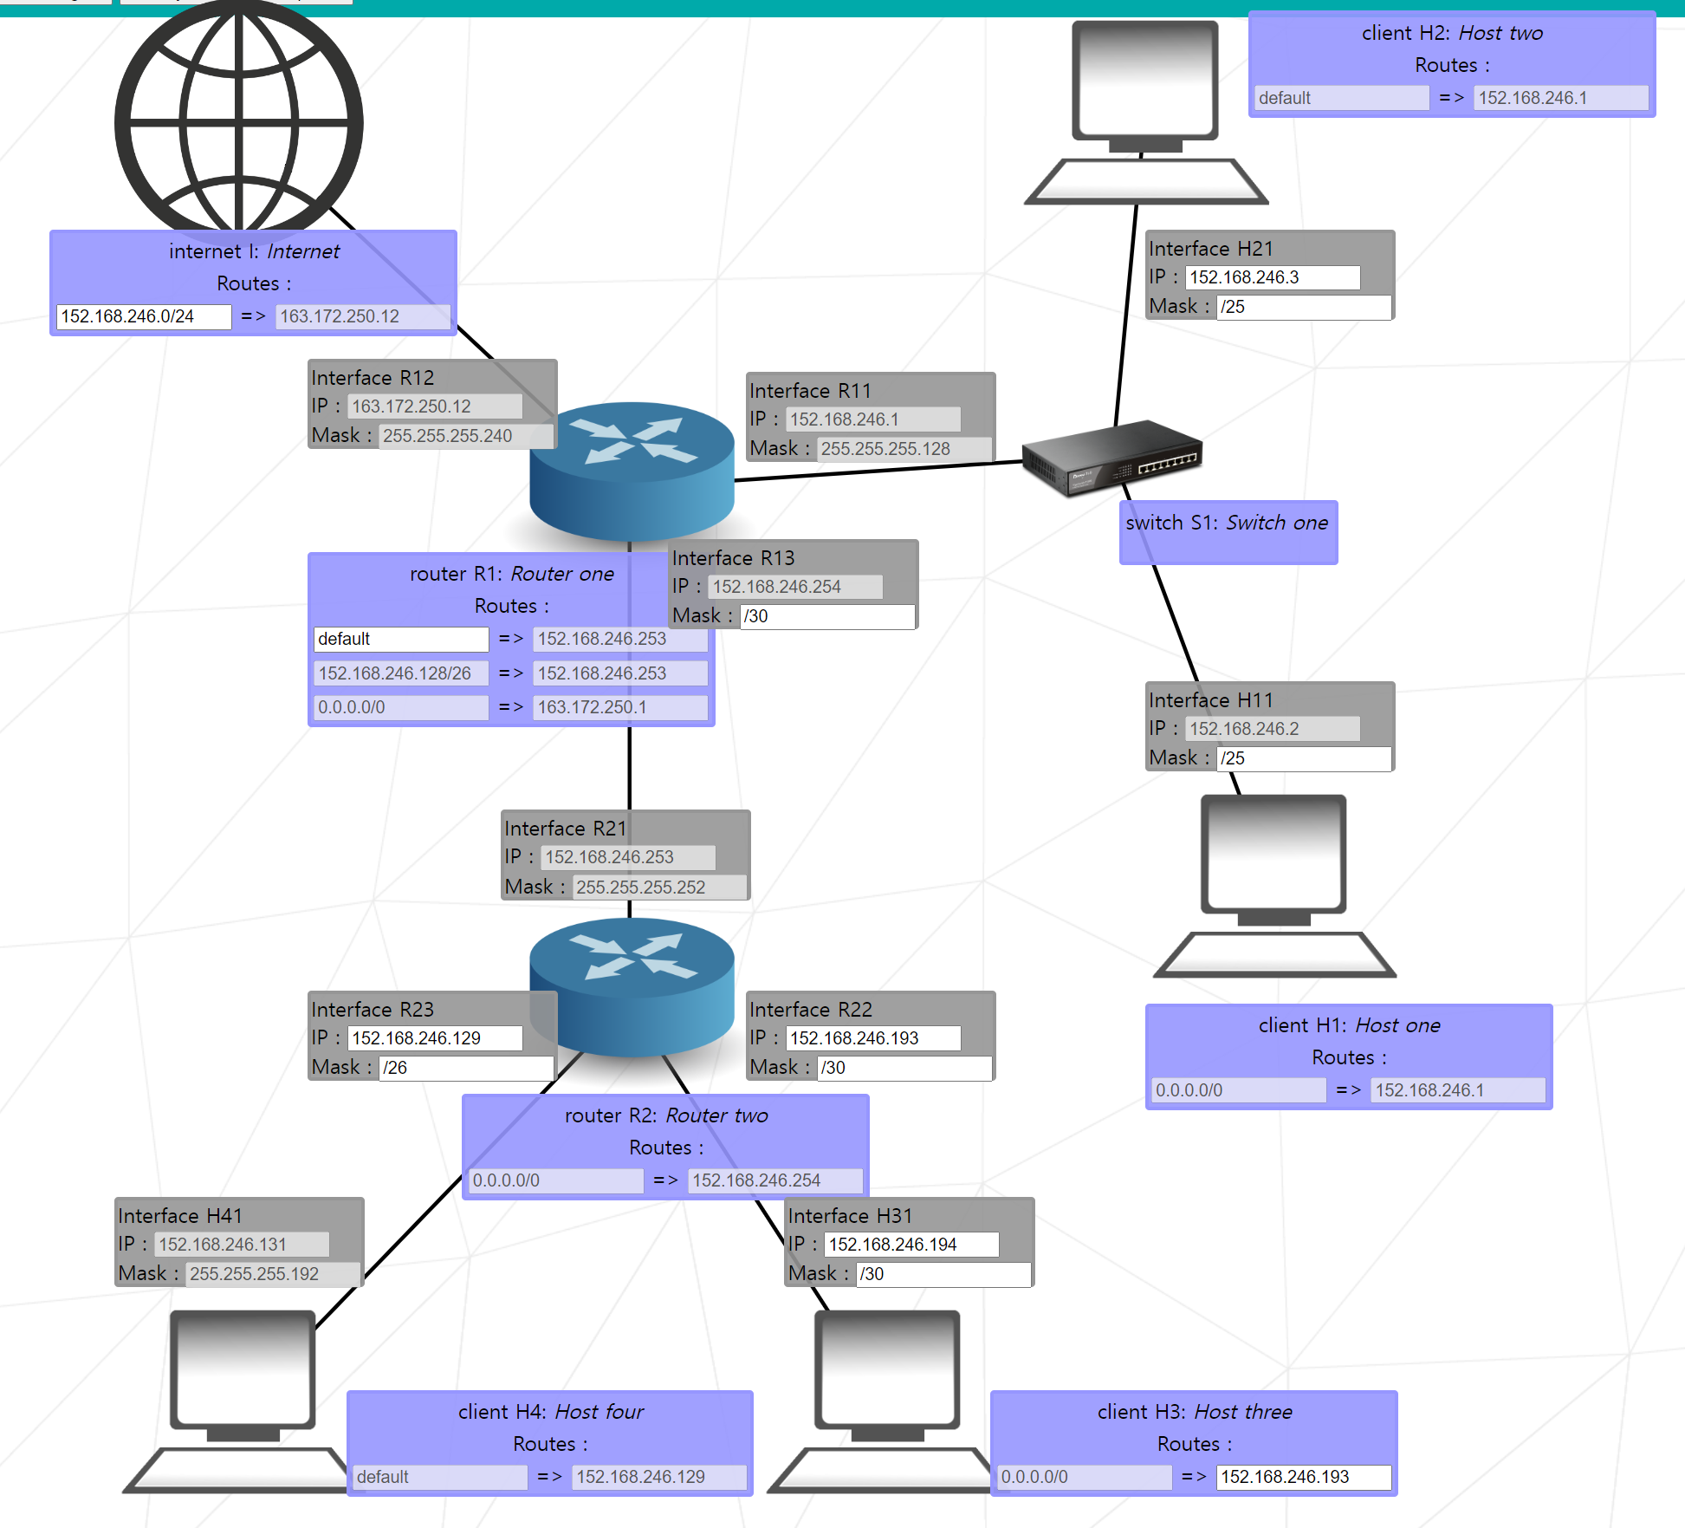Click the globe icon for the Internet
tap(238, 121)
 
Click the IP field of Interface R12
tap(435, 406)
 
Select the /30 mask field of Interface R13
tap(827, 616)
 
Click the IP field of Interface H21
tap(1272, 277)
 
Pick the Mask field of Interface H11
tap(1304, 758)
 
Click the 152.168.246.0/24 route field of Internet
tap(144, 316)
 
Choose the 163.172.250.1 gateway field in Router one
tap(619, 707)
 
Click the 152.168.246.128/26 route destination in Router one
tap(400, 673)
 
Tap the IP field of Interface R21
tap(628, 857)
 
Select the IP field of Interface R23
tap(435, 1038)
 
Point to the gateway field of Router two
tap(774, 1180)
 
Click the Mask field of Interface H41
tap(272, 1274)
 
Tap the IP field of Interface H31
tap(911, 1245)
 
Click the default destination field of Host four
tap(440, 1477)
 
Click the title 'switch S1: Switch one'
tap(1227, 523)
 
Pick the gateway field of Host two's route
tap(1560, 98)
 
